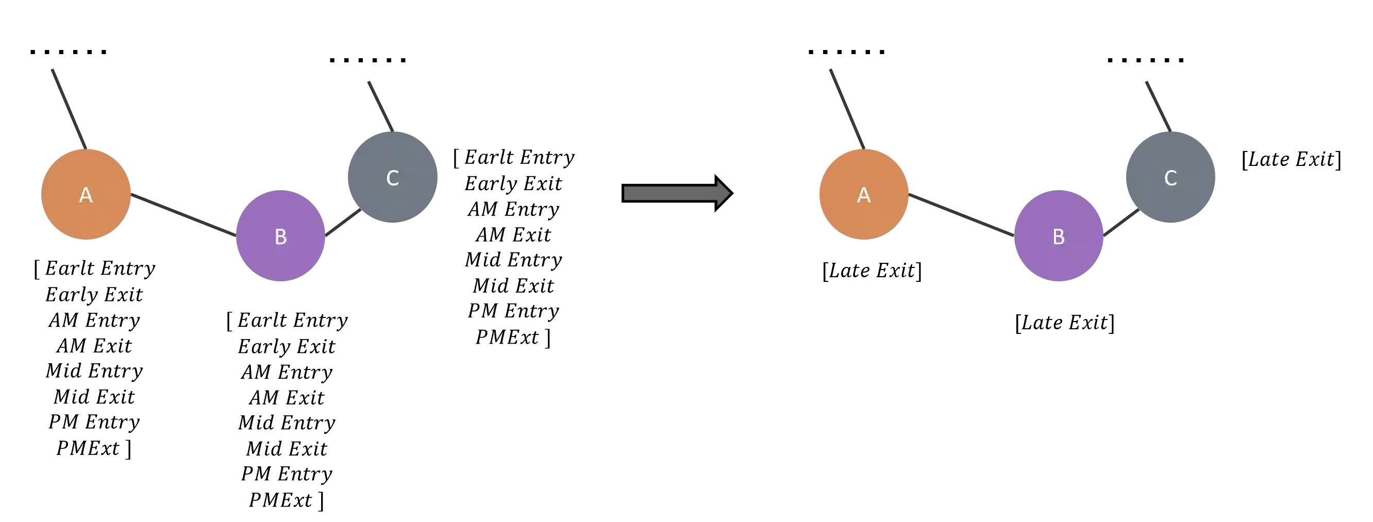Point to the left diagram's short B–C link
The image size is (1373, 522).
[342, 223]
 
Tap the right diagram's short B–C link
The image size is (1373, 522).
[1121, 223]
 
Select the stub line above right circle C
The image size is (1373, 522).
[1157, 104]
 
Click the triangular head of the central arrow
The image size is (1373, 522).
[723, 193]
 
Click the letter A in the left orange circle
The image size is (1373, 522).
[86, 195]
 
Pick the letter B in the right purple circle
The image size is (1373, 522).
[1059, 237]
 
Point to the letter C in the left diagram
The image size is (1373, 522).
[392, 178]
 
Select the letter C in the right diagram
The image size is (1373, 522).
[1170, 178]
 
